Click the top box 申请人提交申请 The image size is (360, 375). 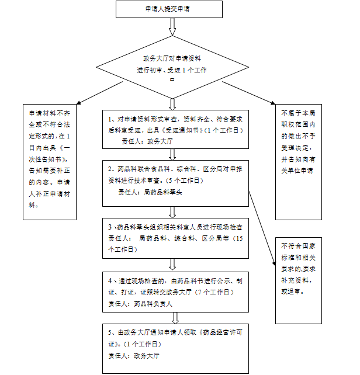169,9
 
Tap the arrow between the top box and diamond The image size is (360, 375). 172,27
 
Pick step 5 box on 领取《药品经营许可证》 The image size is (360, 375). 175,345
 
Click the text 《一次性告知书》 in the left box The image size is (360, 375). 51,154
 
